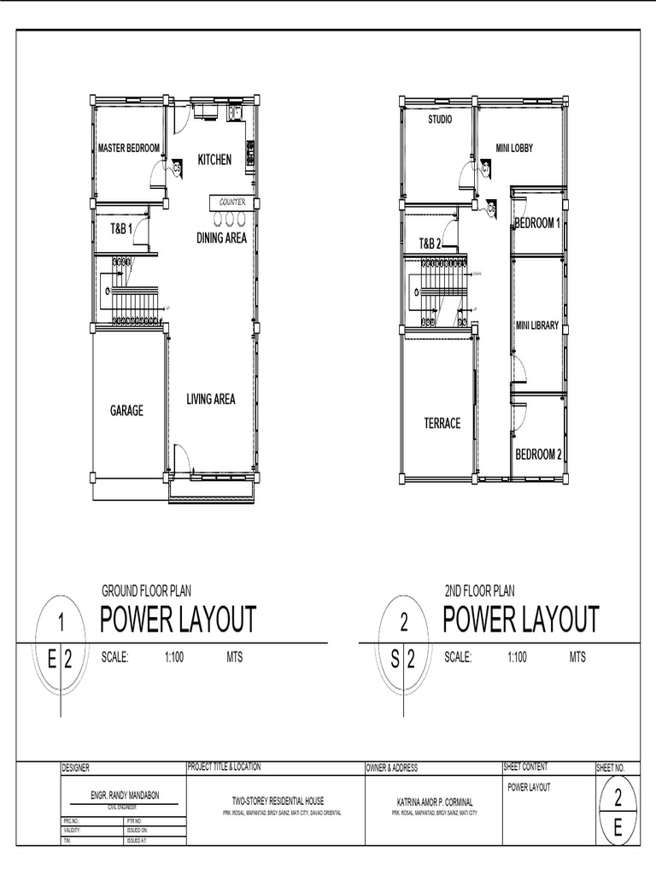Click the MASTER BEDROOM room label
(x=129, y=149)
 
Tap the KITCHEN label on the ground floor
(x=214, y=160)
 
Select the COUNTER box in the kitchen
(x=232, y=202)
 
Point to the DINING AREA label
(x=221, y=238)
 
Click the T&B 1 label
(x=120, y=229)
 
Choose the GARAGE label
(x=126, y=411)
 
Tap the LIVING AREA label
(x=211, y=399)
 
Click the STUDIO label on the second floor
(x=440, y=120)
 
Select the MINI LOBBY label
(x=514, y=149)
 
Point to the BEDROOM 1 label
(x=537, y=224)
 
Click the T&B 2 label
(x=430, y=244)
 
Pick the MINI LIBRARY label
(x=536, y=326)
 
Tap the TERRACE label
(x=442, y=423)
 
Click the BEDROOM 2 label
(x=538, y=454)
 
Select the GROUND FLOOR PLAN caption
(x=146, y=590)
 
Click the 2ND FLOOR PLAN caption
(x=479, y=590)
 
